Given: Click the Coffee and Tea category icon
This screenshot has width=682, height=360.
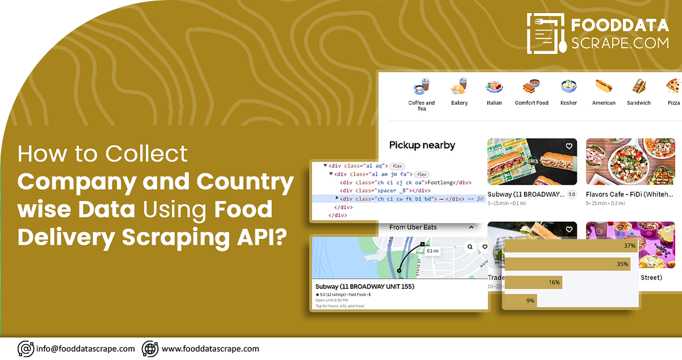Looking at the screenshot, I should click(x=421, y=88).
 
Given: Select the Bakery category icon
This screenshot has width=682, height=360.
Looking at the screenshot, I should click(x=459, y=87).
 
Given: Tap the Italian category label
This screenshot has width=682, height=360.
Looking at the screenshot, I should click(x=494, y=103).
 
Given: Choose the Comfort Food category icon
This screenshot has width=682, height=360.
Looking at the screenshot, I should click(x=531, y=87).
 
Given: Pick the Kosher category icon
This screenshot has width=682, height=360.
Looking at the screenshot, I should click(x=568, y=87).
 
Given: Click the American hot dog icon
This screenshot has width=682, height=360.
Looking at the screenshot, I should click(x=604, y=87).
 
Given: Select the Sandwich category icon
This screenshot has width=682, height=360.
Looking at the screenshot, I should click(x=639, y=87).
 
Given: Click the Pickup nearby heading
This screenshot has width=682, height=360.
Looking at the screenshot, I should click(x=422, y=145).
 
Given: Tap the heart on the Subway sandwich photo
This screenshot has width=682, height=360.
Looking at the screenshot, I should click(x=569, y=146).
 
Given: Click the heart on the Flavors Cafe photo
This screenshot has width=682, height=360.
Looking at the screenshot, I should click(x=667, y=146).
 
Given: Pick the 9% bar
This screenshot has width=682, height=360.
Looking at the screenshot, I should click(x=521, y=300).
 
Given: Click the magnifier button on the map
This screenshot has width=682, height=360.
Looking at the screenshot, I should click(x=470, y=247).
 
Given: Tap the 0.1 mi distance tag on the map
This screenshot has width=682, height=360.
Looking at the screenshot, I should click(x=433, y=251).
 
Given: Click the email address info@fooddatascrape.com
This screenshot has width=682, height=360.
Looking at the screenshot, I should click(x=85, y=349).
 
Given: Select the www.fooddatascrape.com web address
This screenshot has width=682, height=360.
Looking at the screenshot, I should click(x=210, y=349).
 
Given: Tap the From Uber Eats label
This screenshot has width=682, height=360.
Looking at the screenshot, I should click(x=413, y=227).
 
